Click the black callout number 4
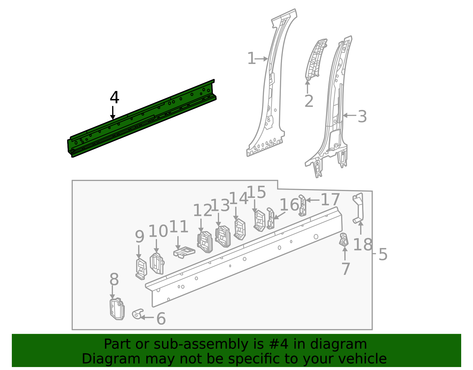coord(114,97)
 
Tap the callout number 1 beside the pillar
coord(251,58)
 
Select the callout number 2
coord(309,101)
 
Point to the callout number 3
coord(362,116)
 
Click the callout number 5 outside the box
coord(383,254)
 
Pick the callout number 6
coord(161,319)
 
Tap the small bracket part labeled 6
coord(137,314)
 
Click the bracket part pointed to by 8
coord(117,309)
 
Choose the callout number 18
coord(362,245)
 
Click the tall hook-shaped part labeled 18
coord(359,207)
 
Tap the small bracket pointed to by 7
coord(344,240)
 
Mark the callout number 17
coord(330,200)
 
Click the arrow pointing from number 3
coord(349,116)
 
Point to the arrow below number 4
coord(113,113)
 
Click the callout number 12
coord(203,211)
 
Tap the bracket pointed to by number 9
coord(141,269)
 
